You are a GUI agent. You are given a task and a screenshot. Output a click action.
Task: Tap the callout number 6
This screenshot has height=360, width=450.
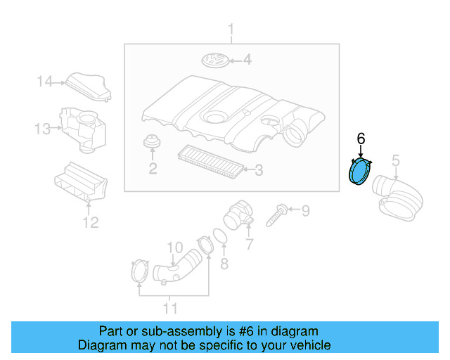tap(361, 139)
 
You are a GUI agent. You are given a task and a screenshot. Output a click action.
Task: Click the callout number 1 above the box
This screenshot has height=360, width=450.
tap(231, 30)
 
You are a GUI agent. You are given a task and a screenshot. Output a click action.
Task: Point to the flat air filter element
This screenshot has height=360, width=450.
tap(211, 161)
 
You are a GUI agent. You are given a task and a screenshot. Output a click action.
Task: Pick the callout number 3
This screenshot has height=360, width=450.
tap(259, 170)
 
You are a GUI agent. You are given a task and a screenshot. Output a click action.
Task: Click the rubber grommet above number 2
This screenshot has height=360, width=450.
tap(152, 141)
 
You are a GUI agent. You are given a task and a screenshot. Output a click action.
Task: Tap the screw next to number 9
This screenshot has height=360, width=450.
tap(276, 214)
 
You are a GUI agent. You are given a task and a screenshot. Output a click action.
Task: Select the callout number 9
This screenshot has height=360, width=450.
tap(306, 210)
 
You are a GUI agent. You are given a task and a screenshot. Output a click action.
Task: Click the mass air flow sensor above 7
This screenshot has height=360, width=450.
tap(238, 215)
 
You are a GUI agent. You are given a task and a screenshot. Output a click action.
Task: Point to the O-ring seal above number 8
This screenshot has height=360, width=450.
tap(220, 236)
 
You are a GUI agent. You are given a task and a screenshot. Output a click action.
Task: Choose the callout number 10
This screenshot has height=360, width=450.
tap(175, 247)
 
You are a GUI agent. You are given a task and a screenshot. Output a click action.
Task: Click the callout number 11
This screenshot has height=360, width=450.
tap(170, 309)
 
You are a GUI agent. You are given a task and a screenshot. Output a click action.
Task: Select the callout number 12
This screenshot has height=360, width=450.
tap(91, 222)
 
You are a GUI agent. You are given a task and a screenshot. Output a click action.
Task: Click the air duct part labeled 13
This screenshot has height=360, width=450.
tap(83, 130)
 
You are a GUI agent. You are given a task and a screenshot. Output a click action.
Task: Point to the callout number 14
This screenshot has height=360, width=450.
tap(45, 82)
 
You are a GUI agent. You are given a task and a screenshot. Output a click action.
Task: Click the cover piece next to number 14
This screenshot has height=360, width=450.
tap(89, 86)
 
